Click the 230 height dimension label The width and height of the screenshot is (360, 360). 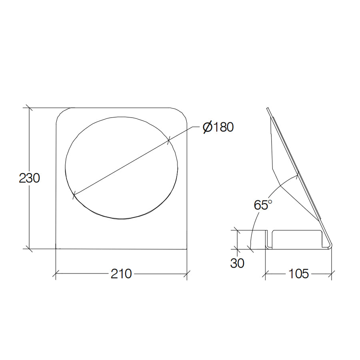pos(30,178)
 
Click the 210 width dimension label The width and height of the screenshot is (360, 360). pos(121,274)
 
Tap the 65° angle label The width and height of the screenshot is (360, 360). pos(263,205)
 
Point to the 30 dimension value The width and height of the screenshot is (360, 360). pos(237,263)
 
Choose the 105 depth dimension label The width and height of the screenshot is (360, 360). pos(298,274)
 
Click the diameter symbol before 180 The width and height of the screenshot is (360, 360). pos(207,127)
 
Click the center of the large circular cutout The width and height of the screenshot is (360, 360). pos(121,168)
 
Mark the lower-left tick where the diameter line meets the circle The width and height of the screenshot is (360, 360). pos(74,196)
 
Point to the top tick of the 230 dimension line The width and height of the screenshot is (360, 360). pos(28,108)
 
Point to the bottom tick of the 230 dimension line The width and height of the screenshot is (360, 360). pos(28,248)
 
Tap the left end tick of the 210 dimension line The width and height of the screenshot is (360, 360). pos(55,274)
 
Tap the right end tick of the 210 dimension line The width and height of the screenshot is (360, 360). pos(187,274)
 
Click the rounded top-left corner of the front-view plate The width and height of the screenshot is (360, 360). pos(60,112)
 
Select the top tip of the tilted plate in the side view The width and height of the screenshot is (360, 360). pos(268,108)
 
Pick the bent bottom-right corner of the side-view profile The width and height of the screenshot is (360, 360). pos(330,247)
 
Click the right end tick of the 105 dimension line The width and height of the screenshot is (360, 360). pos(332,274)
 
